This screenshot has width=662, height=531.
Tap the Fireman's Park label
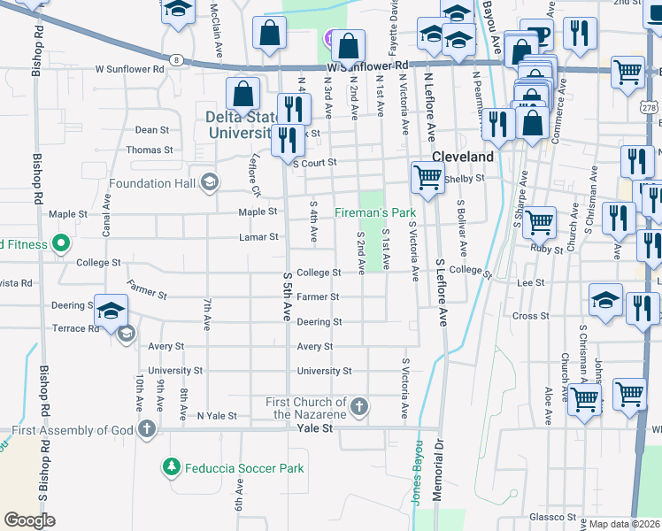(375, 213)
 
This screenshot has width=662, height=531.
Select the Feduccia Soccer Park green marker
(171, 466)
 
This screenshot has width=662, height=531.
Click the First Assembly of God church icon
(147, 431)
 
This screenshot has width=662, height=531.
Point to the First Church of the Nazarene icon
(358, 407)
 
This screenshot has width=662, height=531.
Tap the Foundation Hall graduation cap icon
(209, 184)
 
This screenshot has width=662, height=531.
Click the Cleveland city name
(462, 157)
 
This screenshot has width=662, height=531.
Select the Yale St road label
(314, 427)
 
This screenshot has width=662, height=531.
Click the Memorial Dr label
(437, 469)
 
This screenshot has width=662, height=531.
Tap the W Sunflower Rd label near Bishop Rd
(130, 68)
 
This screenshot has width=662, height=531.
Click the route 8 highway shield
(178, 59)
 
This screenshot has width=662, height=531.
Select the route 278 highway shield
(648, 107)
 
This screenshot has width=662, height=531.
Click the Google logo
(30, 520)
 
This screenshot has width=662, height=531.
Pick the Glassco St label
(552, 517)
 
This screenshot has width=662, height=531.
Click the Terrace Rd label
(81, 328)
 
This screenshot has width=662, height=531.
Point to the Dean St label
(152, 129)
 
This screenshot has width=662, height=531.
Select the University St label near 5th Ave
(325, 371)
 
